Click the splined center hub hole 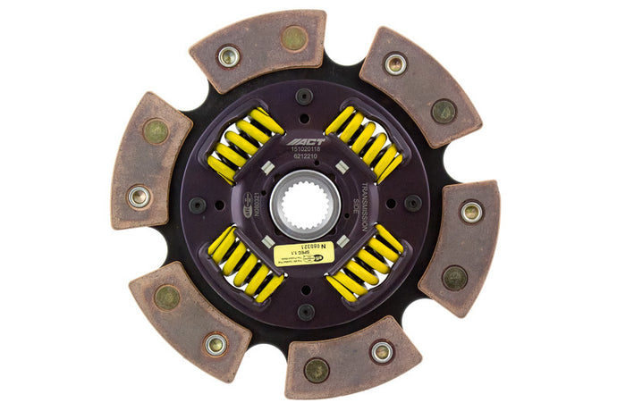tap(306, 203)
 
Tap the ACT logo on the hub tap(306, 141)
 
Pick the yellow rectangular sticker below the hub tap(304, 253)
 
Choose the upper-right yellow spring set tap(365, 143)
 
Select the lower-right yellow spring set tap(366, 264)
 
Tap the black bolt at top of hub tap(305, 95)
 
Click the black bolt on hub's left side tap(198, 205)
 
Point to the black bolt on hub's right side tap(413, 203)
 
